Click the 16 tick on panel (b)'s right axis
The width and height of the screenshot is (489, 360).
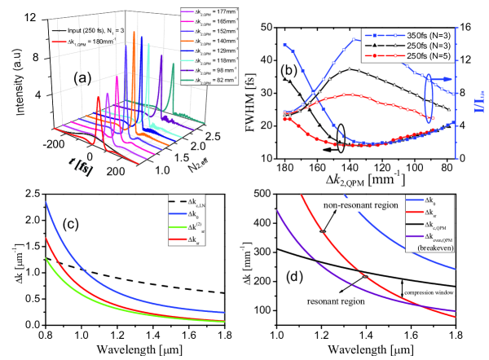(x=467, y=27)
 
